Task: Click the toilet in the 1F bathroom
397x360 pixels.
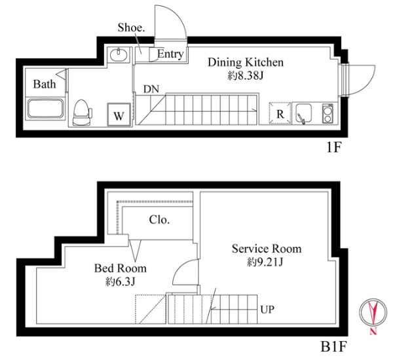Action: click(82, 113)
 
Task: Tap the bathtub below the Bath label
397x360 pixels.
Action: click(46, 109)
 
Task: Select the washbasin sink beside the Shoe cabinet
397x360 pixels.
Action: click(118, 55)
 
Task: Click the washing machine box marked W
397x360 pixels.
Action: click(119, 115)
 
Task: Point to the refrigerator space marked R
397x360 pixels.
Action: click(280, 113)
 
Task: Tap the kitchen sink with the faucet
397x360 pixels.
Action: click(303, 114)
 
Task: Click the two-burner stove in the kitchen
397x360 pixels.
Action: click(328, 113)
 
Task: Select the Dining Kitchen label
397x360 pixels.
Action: click(245, 62)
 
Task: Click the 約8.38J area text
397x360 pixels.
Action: click(246, 76)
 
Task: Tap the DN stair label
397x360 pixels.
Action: click(151, 89)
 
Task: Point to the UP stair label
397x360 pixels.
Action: click(267, 310)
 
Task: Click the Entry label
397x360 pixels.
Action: click(170, 54)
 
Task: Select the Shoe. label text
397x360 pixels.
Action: click(131, 27)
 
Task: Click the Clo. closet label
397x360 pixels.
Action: click(159, 220)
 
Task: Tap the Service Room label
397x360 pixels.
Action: click(267, 249)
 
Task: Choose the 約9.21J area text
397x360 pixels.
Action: click(265, 262)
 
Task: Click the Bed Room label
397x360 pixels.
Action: click(121, 268)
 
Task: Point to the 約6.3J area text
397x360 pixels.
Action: click(120, 281)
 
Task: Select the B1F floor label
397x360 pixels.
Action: click(333, 347)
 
